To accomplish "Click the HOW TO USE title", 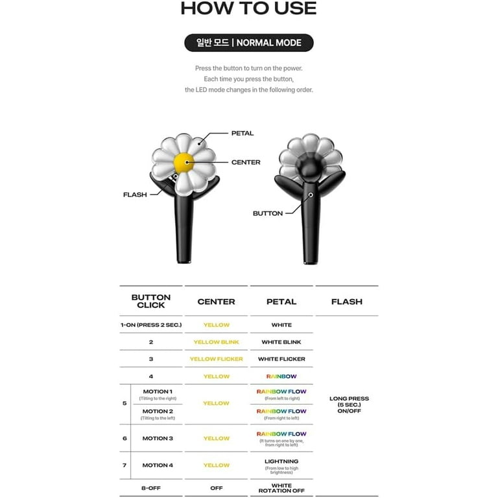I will (248, 8).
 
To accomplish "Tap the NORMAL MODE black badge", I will (248, 43).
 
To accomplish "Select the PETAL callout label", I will (243, 133).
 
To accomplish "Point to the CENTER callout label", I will (246, 162).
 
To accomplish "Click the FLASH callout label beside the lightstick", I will (135, 195).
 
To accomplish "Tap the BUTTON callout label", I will (268, 213).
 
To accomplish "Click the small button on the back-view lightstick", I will (311, 195).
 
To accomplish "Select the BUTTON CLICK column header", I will (151, 301).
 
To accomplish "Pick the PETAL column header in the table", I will (281, 302).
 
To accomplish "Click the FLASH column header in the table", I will (347, 302).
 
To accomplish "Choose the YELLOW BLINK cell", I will (216, 342).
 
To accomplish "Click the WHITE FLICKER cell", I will (281, 359).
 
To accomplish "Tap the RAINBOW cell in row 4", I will (281, 376).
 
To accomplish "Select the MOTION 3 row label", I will (158, 438).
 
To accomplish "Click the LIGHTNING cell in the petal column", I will (281, 461).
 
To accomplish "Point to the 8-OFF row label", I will (151, 488).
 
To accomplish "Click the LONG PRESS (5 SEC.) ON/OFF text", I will (349, 405).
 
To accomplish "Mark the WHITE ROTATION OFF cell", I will (281, 488).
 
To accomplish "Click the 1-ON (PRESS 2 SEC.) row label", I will (151, 325).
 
